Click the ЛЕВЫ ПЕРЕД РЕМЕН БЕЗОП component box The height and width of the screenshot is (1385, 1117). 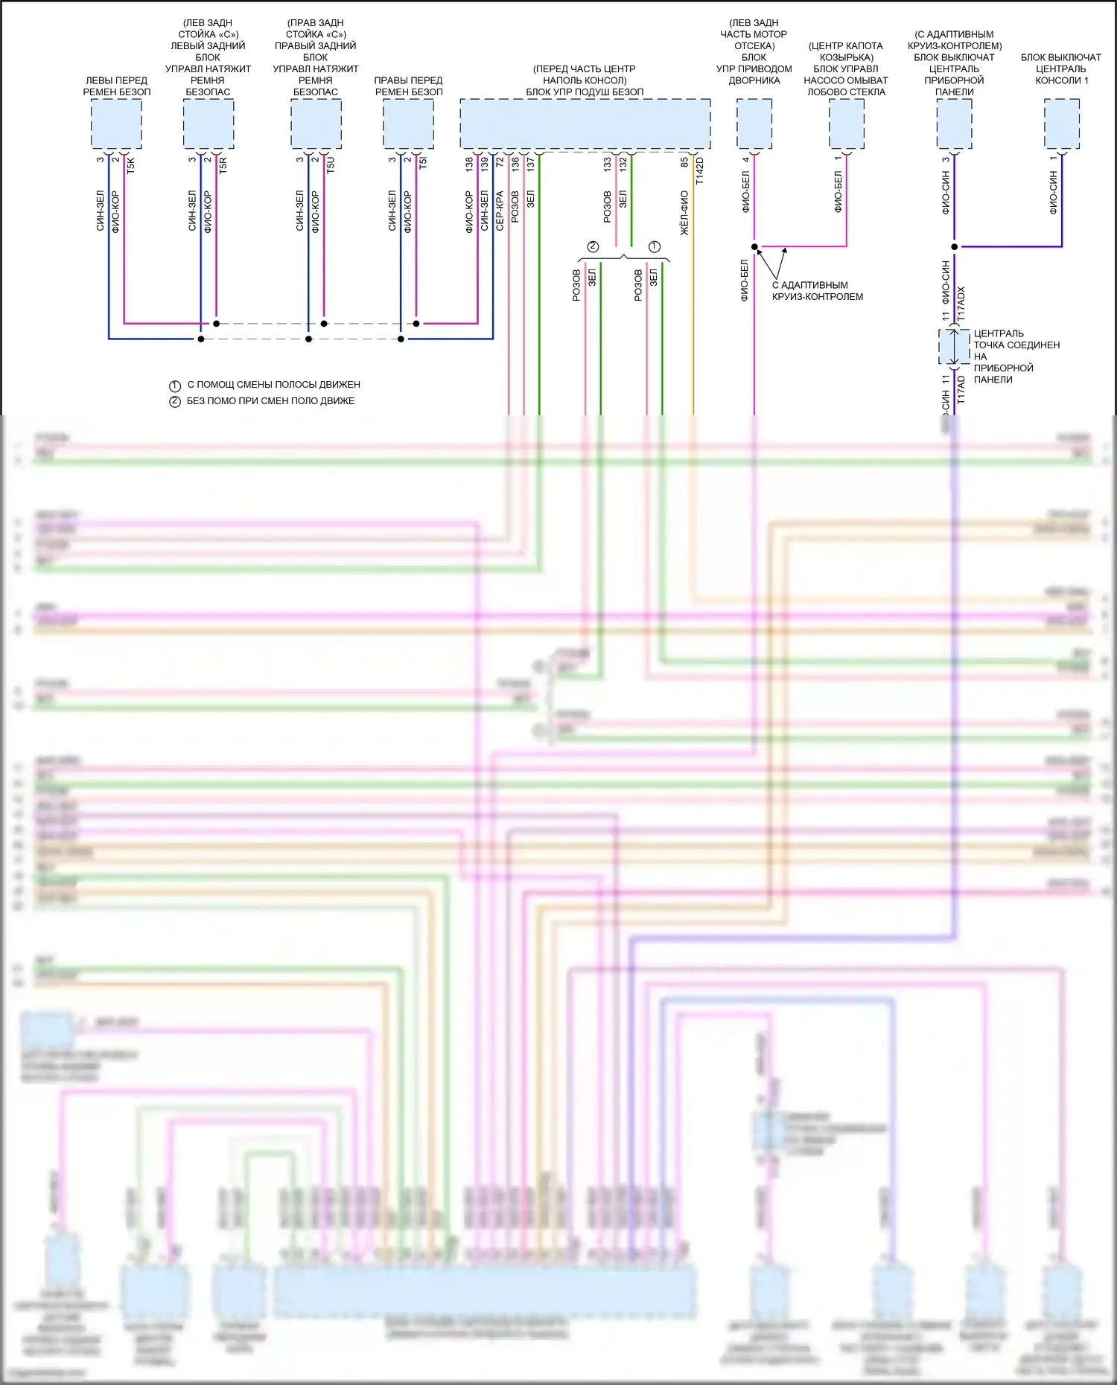pos(116,124)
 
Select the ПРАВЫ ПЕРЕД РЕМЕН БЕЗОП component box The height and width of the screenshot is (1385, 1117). pos(408,124)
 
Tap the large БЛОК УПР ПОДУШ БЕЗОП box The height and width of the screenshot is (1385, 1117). pos(585,124)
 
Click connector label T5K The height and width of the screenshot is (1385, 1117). pos(131,164)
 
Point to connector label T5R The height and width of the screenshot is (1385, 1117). pos(223,164)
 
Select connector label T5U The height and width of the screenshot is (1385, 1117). pos(331,164)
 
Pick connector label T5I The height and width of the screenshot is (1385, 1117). pos(423,162)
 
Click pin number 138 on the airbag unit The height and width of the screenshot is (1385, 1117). pos(469,164)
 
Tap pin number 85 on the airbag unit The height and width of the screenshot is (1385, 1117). pos(684,161)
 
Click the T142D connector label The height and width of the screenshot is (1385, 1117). pos(699,171)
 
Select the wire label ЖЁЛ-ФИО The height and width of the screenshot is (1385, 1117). pos(684,214)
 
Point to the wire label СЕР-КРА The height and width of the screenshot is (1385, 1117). pos(500,211)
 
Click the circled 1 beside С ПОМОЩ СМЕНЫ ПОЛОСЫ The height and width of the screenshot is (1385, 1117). pos(175,386)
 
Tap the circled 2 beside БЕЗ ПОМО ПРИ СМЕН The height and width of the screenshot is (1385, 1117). pos(175,402)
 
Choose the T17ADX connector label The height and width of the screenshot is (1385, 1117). pos(961,304)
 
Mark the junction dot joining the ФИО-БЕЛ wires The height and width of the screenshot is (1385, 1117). pos(754,246)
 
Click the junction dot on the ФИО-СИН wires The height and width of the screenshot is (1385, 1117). pos(954,246)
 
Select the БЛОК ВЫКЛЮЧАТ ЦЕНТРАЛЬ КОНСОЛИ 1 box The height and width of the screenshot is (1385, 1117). pos(1061,124)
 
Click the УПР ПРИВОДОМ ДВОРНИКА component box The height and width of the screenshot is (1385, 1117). pos(754,124)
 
